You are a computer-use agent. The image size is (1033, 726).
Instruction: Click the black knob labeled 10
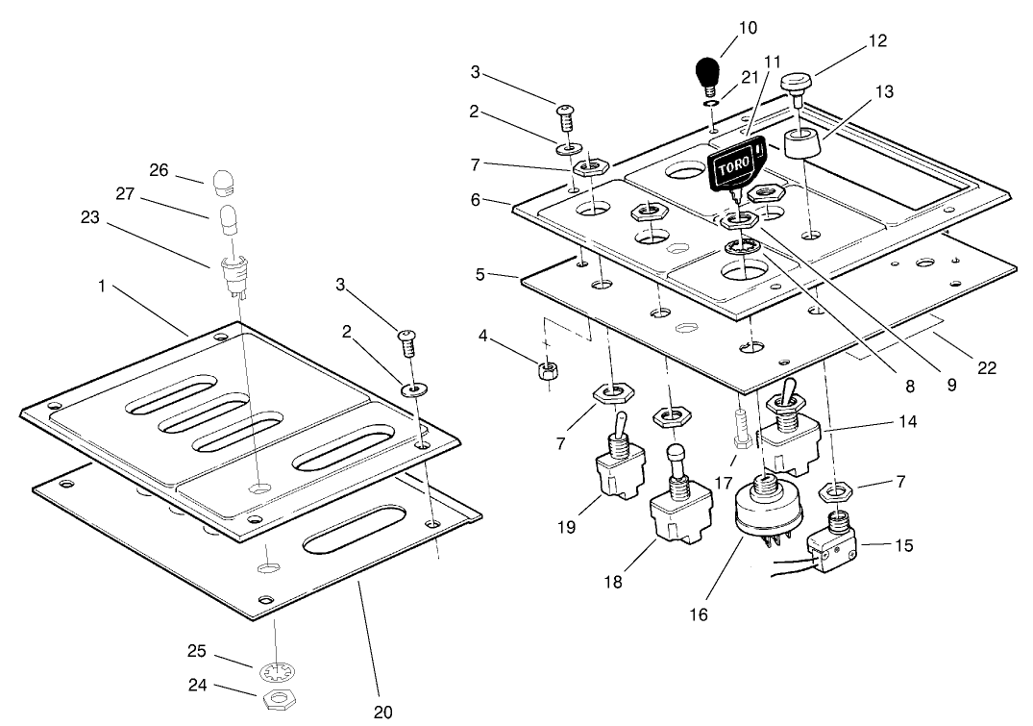[x=707, y=73]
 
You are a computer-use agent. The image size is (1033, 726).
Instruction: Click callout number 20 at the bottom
[x=383, y=712]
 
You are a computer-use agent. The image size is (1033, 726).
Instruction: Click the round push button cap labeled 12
[x=797, y=83]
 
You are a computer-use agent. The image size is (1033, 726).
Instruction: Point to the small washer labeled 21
[x=711, y=103]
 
